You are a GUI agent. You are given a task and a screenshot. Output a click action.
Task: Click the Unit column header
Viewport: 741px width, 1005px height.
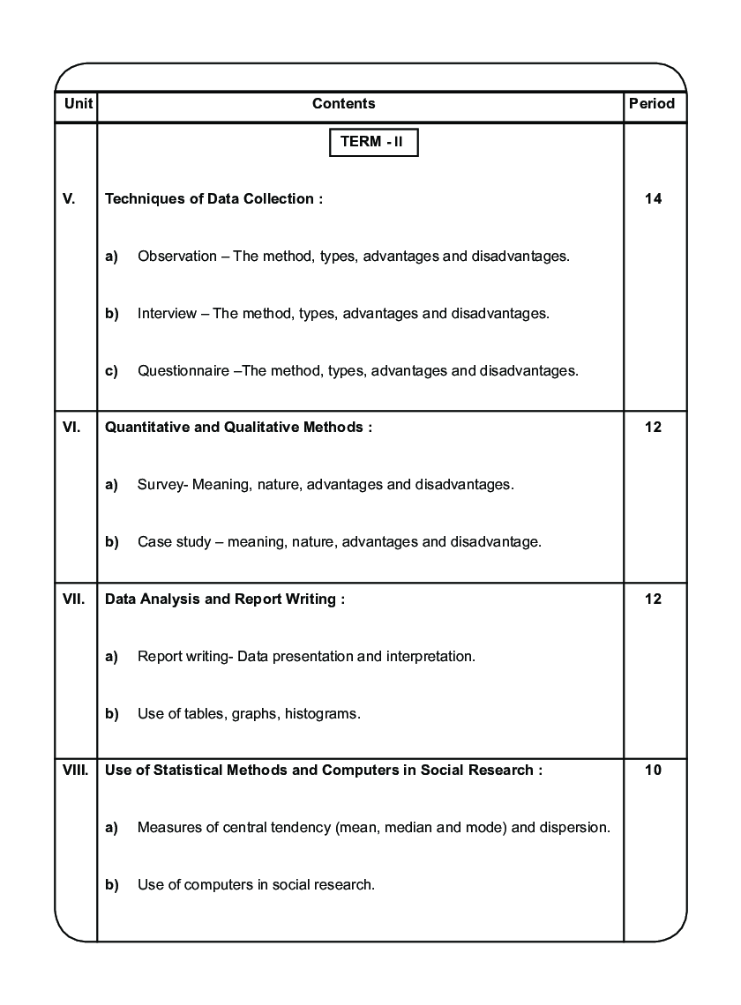75,104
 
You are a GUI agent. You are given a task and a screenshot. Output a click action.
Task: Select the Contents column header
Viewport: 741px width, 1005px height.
343,104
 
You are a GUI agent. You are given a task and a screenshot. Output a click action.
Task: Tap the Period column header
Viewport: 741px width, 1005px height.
652,104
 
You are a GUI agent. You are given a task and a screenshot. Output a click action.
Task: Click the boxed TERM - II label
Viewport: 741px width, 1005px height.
373,142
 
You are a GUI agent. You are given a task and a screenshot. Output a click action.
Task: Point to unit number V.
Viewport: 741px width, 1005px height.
69,199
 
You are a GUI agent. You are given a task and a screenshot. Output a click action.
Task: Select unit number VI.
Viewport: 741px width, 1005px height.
71,428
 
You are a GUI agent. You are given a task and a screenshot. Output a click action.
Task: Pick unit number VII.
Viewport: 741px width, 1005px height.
73,599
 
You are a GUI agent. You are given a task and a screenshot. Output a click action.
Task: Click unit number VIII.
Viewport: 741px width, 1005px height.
75,770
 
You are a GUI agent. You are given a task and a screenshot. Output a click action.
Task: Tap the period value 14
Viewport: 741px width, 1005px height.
653,199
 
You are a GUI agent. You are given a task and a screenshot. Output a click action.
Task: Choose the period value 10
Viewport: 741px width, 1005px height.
653,770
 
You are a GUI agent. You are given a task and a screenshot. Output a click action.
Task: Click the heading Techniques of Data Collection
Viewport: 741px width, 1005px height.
213,199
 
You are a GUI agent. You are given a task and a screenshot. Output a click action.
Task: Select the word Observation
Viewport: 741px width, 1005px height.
176,257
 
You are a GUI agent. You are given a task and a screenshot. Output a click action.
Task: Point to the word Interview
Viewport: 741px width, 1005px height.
167,314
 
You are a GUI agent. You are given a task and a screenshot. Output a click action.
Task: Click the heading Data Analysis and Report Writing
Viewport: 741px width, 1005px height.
224,599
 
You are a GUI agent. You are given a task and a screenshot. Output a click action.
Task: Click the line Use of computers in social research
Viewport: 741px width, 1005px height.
256,885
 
